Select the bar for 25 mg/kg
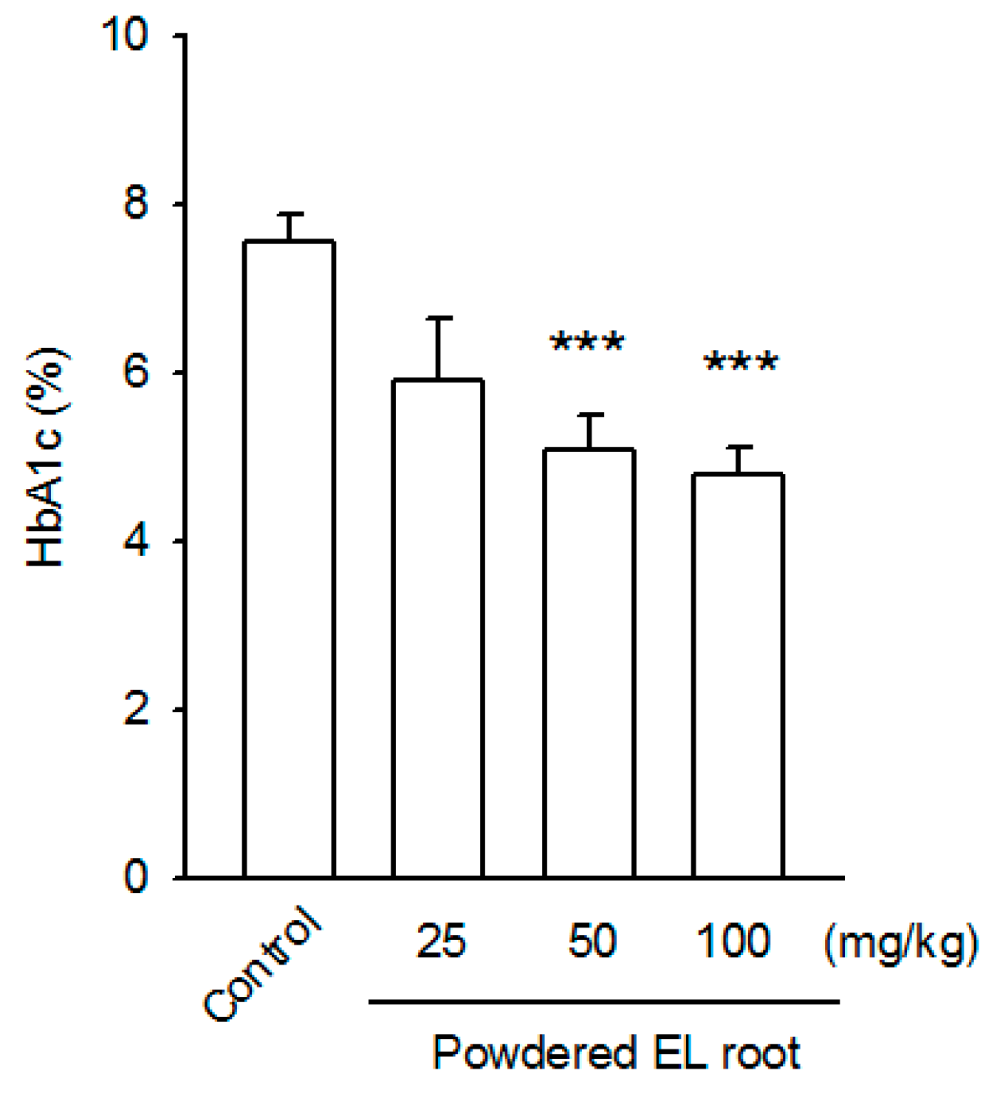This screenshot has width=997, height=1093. tap(438, 628)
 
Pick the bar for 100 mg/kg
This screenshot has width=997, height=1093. tap(738, 675)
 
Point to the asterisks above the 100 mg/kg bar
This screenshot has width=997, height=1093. tap(741, 363)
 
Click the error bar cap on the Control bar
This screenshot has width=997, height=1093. tap(289, 214)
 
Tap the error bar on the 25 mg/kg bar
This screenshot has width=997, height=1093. tap(438, 347)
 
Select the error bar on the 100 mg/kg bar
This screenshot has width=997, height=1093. tap(739, 459)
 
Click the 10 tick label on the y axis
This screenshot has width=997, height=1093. tap(126, 35)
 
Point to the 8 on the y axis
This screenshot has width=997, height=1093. tap(136, 204)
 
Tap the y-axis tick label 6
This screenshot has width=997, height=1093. tap(136, 372)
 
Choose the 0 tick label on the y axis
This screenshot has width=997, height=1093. tap(136, 877)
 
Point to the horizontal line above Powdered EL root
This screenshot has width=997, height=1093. tap(603, 1002)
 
